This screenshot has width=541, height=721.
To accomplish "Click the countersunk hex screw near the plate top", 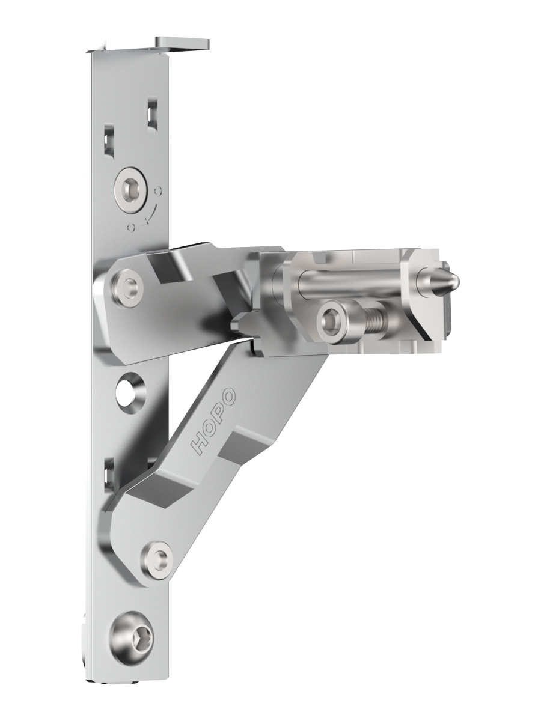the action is coord(130,190).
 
